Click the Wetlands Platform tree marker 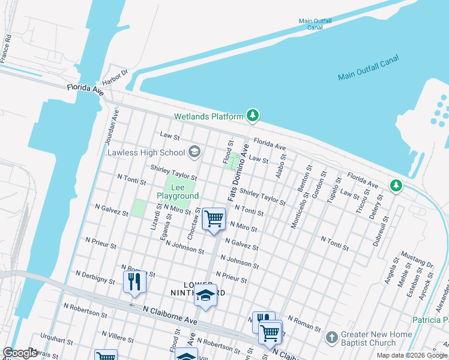[253, 115]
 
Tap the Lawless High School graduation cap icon [194, 152]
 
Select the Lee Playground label [178, 192]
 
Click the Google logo [20, 353]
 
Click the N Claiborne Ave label [170, 313]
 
